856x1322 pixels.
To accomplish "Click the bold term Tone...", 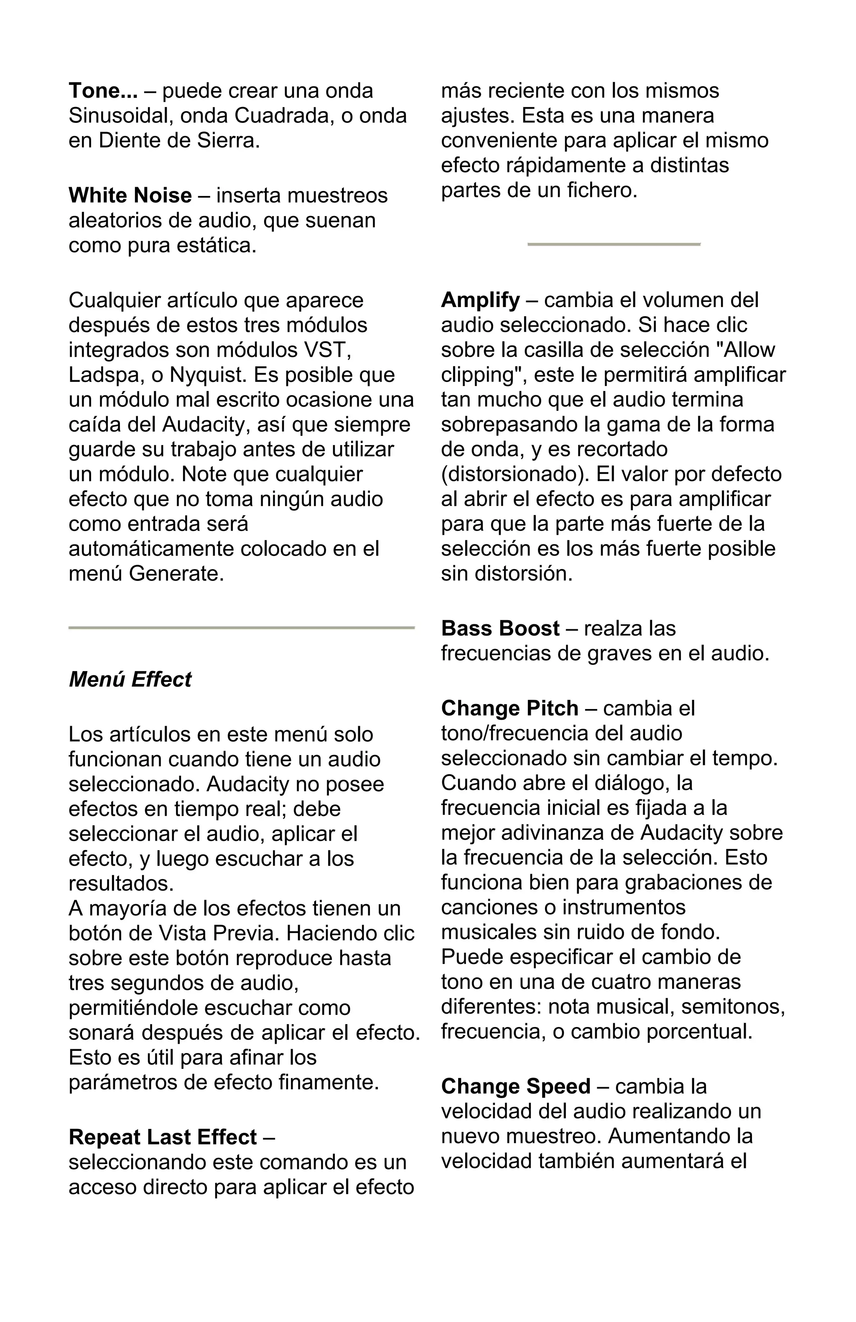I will pyautogui.click(x=103, y=91).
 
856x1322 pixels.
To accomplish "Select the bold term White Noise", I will pyautogui.click(x=130, y=196).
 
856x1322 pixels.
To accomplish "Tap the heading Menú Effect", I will pyautogui.click(x=130, y=679).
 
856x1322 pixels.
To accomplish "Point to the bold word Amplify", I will pyautogui.click(x=480, y=300).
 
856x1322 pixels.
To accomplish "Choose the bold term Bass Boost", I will pyautogui.click(x=500, y=628).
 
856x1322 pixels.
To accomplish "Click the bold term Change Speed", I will pyautogui.click(x=515, y=1086).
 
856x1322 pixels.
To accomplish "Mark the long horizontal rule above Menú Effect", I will pyautogui.click(x=241, y=628).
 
